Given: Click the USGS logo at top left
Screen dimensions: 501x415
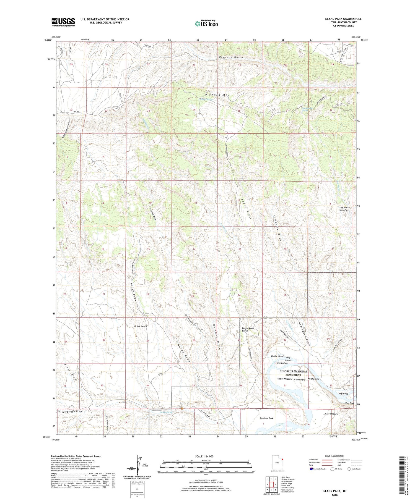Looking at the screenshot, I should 63,22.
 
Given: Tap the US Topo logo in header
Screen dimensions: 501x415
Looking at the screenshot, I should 206,23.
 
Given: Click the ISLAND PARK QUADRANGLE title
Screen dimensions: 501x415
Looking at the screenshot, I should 343,19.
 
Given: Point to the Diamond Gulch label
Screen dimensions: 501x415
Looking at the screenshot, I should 231,57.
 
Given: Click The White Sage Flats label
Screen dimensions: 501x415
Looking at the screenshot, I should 344,209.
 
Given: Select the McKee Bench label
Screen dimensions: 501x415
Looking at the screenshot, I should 140,326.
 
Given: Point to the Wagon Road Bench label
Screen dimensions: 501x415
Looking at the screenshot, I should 248,329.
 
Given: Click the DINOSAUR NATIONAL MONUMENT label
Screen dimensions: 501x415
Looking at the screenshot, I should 293,373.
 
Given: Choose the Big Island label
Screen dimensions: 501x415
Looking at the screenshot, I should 343,394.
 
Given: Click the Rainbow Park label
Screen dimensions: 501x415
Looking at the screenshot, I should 266,418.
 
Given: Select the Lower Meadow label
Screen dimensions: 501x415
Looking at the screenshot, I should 331,414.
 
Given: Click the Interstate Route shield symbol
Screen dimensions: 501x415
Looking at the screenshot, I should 311,469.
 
